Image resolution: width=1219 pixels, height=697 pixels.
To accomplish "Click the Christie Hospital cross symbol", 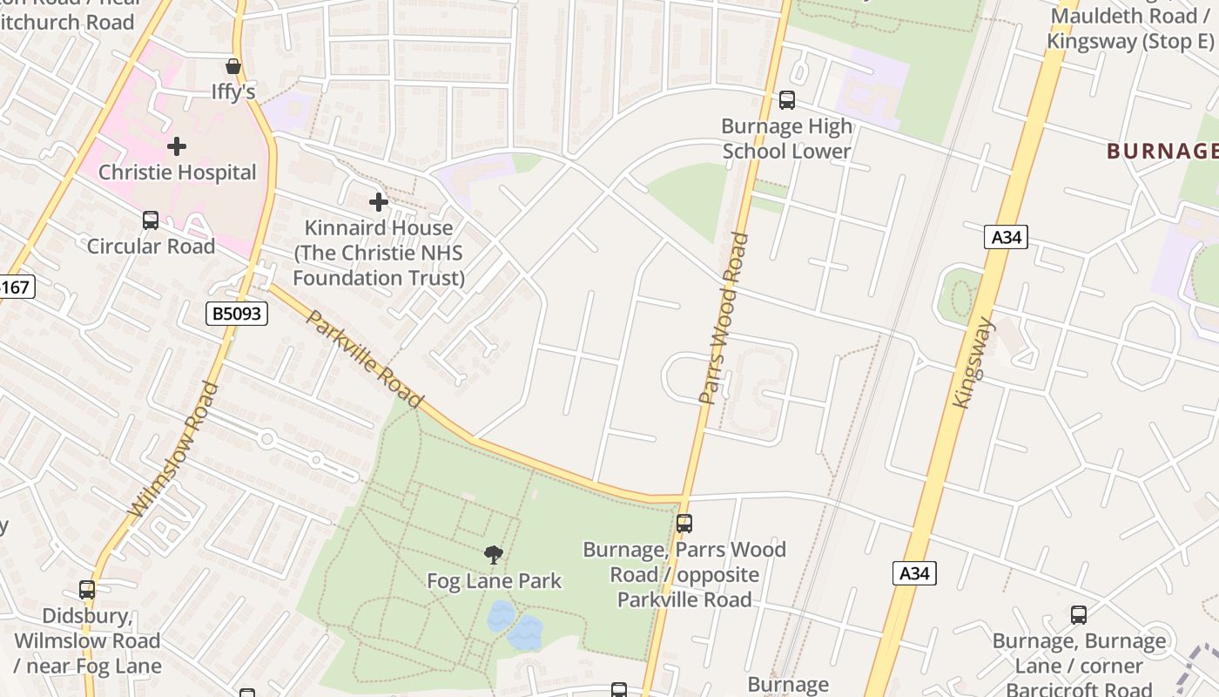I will click(177, 145).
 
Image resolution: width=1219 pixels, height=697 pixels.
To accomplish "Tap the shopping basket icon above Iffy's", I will click(232, 66).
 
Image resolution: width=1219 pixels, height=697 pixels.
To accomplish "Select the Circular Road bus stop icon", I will click(151, 220).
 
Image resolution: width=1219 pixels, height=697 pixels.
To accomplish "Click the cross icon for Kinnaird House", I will click(378, 202).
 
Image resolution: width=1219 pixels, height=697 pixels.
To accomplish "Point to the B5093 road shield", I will click(237, 314).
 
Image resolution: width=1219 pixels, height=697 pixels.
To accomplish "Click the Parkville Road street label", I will click(365, 359).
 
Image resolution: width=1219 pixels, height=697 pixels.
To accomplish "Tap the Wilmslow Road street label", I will click(173, 450).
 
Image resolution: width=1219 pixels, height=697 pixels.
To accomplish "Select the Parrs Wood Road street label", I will click(724, 318).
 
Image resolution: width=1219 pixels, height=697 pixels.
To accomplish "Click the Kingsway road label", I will click(973, 363).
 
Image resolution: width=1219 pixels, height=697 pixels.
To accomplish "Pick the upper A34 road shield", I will click(1006, 236).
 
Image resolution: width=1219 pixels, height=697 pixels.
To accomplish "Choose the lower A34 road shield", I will click(914, 572).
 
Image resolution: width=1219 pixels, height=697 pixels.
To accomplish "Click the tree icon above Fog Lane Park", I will click(494, 554).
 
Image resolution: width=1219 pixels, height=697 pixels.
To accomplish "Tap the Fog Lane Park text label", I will click(494, 581).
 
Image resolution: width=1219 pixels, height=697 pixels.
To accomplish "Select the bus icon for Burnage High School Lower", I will click(786, 100).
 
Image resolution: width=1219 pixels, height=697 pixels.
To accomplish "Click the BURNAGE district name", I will click(1162, 151).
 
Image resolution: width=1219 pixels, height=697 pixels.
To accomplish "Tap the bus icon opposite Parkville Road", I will click(684, 524).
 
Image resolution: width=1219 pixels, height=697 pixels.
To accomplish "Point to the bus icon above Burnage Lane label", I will click(1078, 615).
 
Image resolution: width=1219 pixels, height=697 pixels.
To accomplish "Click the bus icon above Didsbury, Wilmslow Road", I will click(87, 590).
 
